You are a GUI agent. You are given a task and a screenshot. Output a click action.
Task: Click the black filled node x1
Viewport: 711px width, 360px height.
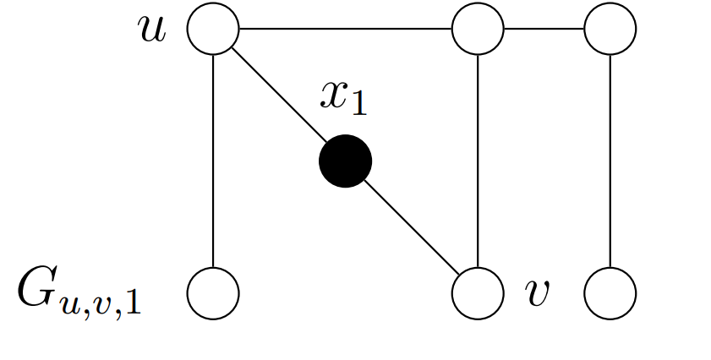345,161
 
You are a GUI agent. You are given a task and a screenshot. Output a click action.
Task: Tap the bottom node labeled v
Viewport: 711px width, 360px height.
479,293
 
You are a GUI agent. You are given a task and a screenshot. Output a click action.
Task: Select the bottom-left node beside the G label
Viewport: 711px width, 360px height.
213,293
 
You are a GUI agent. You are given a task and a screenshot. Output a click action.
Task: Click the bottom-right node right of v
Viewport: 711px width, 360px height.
610,293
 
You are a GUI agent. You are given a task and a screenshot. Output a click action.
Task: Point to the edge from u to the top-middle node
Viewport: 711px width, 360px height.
346,29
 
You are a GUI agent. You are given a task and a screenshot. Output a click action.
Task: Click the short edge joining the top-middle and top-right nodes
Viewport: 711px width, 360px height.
544,29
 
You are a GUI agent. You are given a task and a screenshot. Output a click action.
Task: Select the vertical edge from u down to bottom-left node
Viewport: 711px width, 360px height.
213,161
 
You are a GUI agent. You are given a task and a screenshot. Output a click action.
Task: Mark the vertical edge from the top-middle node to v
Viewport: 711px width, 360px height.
479,161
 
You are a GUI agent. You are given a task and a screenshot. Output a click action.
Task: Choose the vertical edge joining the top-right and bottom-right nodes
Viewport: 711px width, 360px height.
610,161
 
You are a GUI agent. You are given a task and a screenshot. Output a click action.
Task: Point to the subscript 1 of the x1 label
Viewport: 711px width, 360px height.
360,102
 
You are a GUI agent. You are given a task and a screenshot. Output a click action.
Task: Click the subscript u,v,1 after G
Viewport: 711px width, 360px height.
100,302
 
